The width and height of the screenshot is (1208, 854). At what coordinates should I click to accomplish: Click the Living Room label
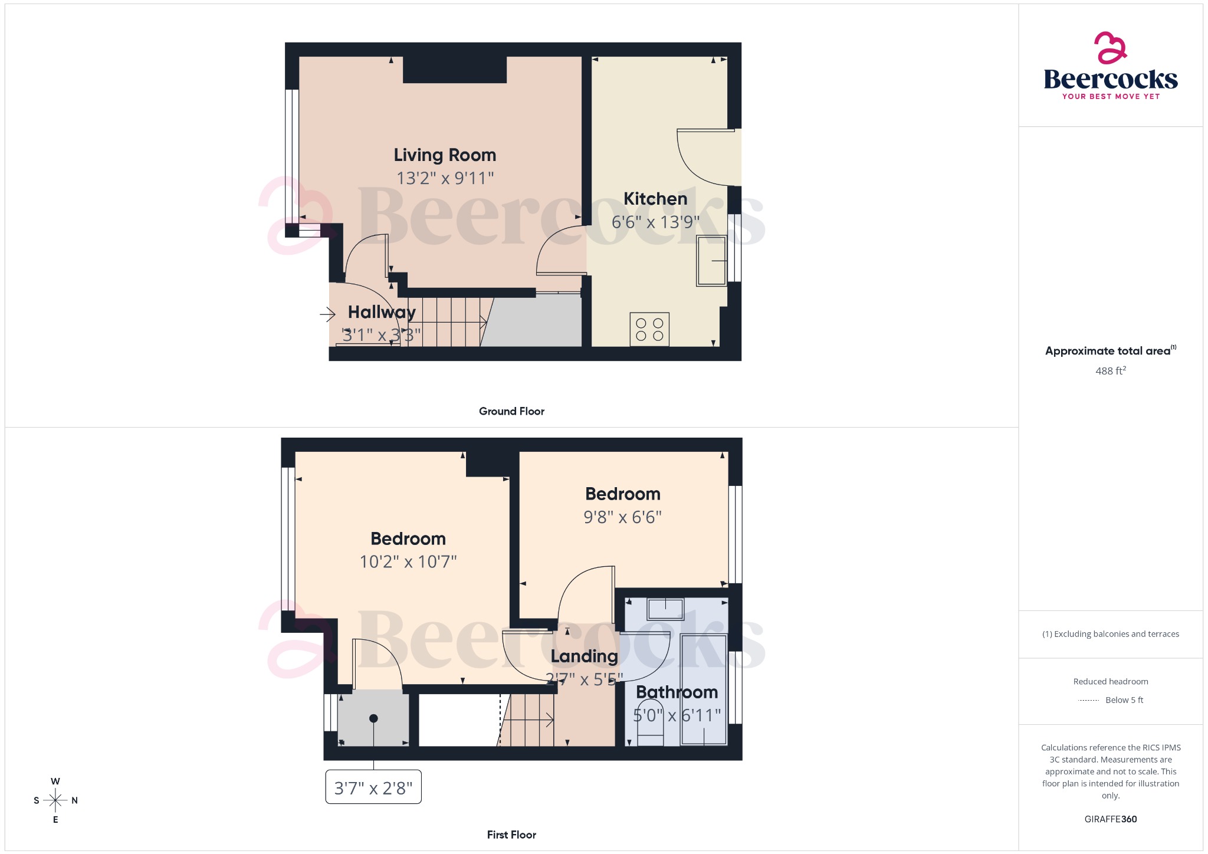point(445,155)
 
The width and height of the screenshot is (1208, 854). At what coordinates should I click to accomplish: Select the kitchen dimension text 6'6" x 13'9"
point(655,222)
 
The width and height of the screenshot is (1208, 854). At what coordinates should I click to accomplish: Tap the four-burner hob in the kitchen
point(649,329)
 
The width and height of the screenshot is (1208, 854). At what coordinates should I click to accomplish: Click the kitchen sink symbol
point(711,261)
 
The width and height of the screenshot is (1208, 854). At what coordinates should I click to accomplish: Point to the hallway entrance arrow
point(327,314)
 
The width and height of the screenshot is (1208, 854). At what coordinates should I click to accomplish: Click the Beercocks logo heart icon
point(1110,48)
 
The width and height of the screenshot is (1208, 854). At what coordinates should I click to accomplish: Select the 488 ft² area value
point(1110,371)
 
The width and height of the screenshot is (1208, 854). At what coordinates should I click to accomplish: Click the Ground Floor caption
point(511,411)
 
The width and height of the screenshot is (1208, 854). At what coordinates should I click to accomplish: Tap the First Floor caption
point(511,835)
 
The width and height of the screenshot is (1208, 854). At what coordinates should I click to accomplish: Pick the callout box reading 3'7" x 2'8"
point(373,787)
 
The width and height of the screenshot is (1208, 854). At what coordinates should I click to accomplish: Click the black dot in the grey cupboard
point(373,718)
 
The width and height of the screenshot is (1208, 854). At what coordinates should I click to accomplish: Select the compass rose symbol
point(55,800)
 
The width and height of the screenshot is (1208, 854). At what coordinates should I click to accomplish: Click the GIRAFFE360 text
point(1110,819)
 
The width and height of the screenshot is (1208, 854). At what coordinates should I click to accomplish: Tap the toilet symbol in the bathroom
point(650,731)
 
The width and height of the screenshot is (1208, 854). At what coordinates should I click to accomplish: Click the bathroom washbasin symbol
point(665,609)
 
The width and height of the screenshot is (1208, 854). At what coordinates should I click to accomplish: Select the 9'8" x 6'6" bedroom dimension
point(622,517)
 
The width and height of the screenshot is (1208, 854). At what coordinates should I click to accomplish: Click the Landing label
point(584,656)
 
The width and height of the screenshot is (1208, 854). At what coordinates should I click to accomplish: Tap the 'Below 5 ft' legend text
point(1124,700)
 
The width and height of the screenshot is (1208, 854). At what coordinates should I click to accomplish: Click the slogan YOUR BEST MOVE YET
point(1110,97)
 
